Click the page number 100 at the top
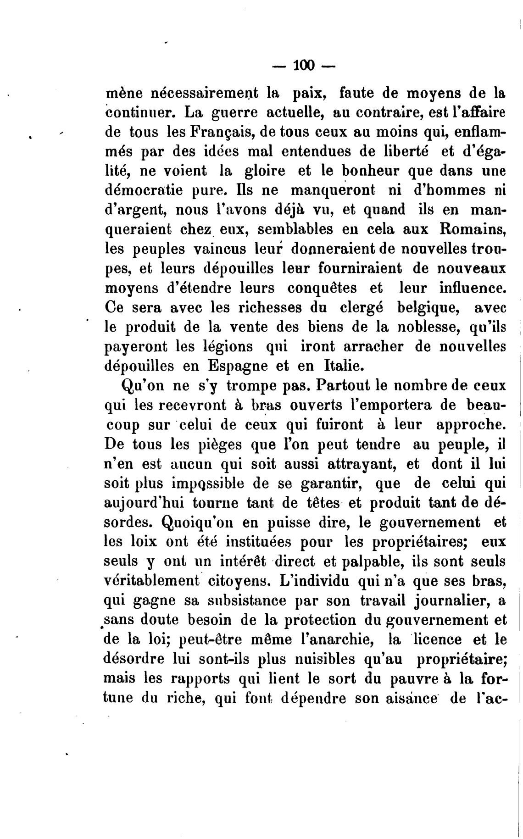(304, 67)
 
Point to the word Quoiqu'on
(191, 522)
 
